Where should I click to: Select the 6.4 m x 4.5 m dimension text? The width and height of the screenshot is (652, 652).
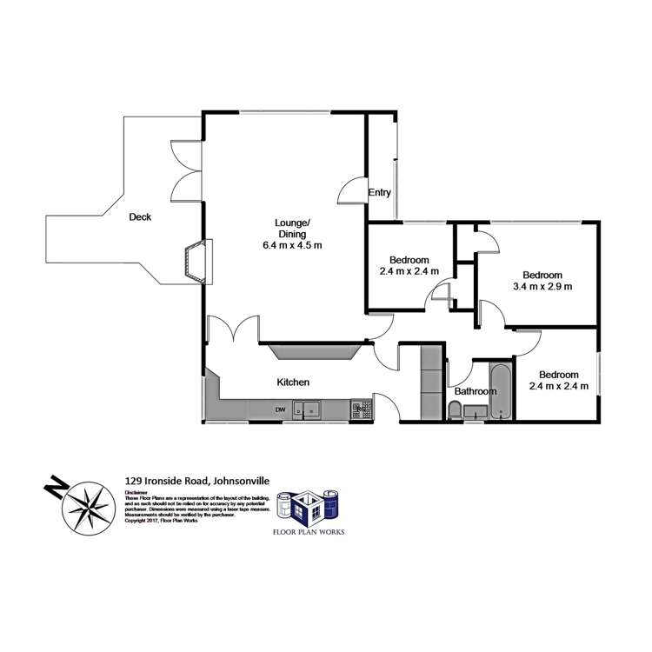pos(293,245)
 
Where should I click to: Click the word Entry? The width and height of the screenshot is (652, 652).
pos(380,192)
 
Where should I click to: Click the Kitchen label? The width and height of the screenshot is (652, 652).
pos(293,382)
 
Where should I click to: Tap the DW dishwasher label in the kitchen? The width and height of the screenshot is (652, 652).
pos(281,409)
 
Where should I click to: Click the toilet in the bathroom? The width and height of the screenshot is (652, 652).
pos(456,410)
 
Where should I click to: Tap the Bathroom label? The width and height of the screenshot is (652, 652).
pos(476,391)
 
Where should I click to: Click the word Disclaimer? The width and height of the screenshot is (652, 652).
pos(135,492)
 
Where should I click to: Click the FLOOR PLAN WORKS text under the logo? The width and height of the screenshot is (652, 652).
pos(308,531)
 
